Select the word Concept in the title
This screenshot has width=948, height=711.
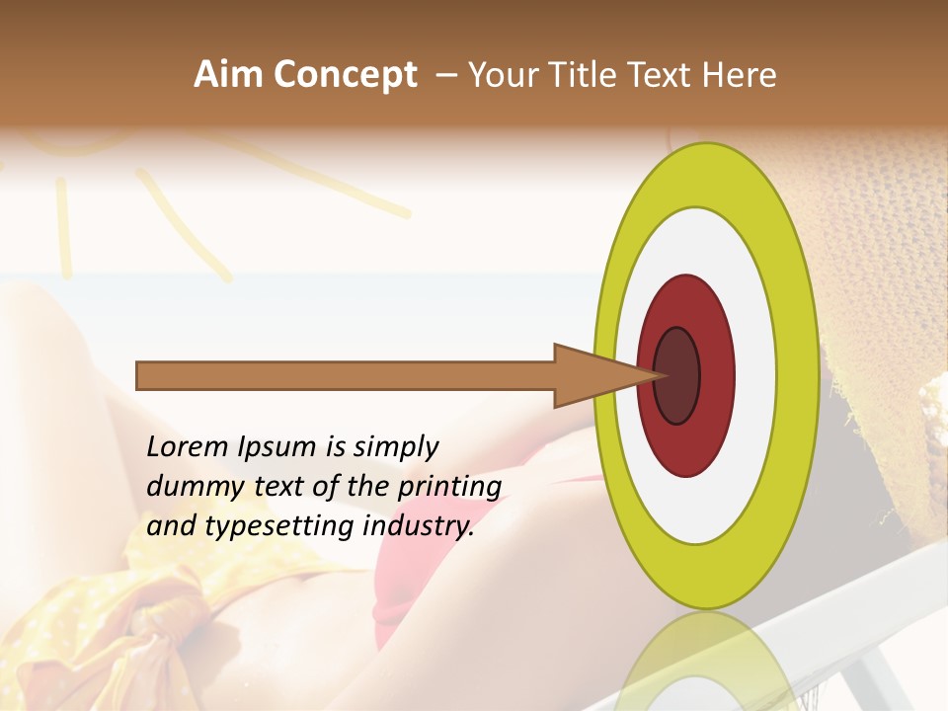pyautogui.click(x=345, y=74)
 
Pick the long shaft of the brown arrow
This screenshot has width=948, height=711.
pyautogui.click(x=346, y=376)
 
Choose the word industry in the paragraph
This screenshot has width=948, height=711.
pyautogui.click(x=419, y=527)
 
